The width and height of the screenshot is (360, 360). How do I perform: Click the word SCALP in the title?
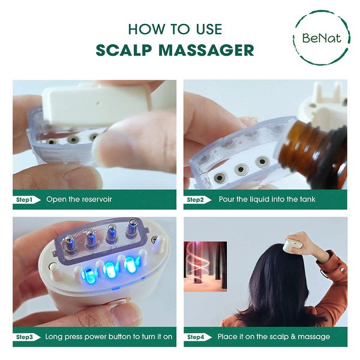[x=129, y=50]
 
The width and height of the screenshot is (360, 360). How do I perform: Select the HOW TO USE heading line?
[x=175, y=29]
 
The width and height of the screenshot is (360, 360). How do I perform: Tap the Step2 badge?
[x=199, y=199]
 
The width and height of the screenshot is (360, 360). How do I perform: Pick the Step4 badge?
[x=199, y=337]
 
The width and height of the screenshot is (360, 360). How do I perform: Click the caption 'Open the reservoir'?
[x=79, y=199]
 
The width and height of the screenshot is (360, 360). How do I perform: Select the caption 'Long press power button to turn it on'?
[x=109, y=337]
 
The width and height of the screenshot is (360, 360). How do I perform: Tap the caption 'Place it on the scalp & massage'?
[x=274, y=337]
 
